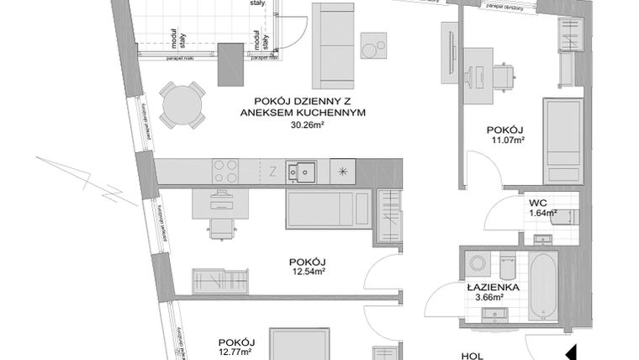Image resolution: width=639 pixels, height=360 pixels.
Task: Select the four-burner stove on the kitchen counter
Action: tap(225, 171)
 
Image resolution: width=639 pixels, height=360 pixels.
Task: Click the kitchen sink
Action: tap(298, 171)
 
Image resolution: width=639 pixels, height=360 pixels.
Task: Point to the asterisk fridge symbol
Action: tap(343, 171)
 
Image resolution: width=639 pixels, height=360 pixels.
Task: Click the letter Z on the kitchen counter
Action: tap(272, 172)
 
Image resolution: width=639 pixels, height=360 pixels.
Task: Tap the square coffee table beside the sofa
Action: tap(374, 45)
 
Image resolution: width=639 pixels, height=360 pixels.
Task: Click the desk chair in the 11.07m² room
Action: tap(503, 76)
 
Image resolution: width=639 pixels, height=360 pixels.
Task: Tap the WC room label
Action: tap(538, 202)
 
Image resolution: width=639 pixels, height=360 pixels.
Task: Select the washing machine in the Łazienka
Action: tap(478, 262)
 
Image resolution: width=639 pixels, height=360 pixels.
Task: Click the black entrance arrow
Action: tap(569, 352)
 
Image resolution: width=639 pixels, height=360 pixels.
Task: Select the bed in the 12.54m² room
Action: tap(327, 209)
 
